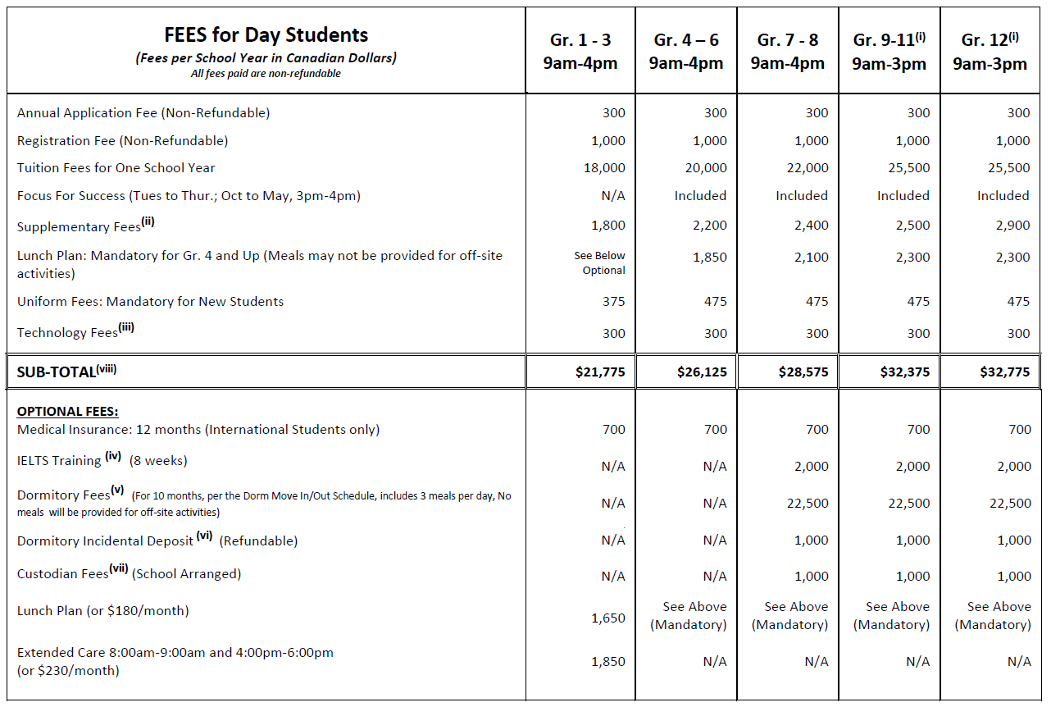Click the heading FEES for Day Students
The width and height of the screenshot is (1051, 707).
click(266, 35)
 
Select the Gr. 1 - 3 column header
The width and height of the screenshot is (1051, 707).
click(580, 52)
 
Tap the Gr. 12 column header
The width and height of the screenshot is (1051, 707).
click(990, 52)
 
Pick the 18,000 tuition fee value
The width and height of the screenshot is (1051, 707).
click(607, 168)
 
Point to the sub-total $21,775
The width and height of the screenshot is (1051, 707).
click(600, 372)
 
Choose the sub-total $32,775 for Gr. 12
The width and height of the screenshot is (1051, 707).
click(1004, 372)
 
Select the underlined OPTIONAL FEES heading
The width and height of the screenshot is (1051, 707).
click(67, 412)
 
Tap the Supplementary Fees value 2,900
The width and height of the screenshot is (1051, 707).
click(1013, 226)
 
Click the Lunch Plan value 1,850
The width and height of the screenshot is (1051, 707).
click(710, 258)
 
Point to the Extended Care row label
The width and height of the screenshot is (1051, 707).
click(175, 661)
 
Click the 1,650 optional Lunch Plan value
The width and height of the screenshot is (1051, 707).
click(608, 618)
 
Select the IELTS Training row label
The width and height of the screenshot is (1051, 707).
click(102, 460)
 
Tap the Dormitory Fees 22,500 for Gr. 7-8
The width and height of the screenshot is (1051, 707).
click(808, 504)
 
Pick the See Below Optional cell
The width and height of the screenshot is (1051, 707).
click(600, 263)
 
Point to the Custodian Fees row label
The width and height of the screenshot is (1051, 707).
click(129, 573)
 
